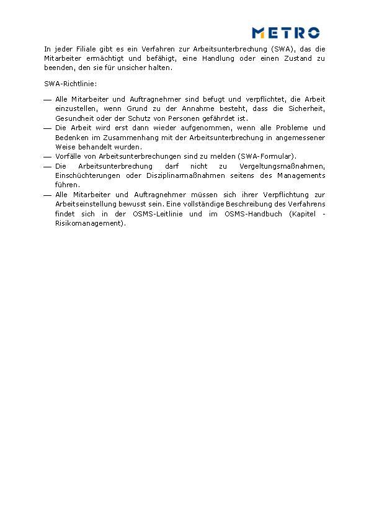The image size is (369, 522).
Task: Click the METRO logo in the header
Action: [285, 33]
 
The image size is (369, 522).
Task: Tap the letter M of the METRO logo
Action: [259, 33]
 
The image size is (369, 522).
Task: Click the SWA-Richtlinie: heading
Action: [71, 83]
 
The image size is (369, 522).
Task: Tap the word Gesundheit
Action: [73, 118]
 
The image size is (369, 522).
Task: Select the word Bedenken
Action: [70, 137]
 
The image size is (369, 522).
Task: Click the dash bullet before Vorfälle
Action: [48, 157]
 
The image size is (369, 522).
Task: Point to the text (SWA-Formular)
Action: [267, 156]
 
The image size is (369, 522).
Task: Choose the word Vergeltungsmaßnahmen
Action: [282, 166]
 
